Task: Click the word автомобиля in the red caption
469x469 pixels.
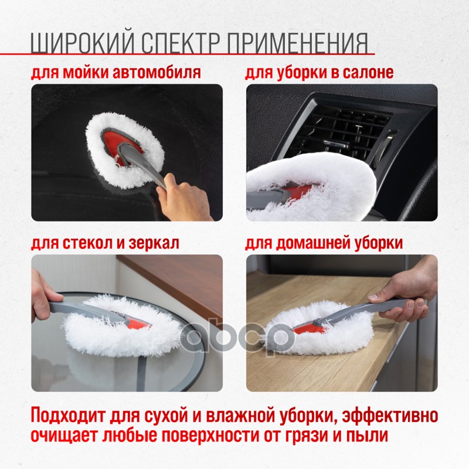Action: (155, 72)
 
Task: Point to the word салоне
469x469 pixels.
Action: (368, 72)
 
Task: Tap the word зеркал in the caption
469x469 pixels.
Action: (154, 243)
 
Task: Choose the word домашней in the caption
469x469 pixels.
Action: (313, 243)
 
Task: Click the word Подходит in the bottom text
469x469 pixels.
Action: (68, 416)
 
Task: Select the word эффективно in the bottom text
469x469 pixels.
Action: (390, 416)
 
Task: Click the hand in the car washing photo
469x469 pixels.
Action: (182, 198)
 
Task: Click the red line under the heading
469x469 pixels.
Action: (188, 54)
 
